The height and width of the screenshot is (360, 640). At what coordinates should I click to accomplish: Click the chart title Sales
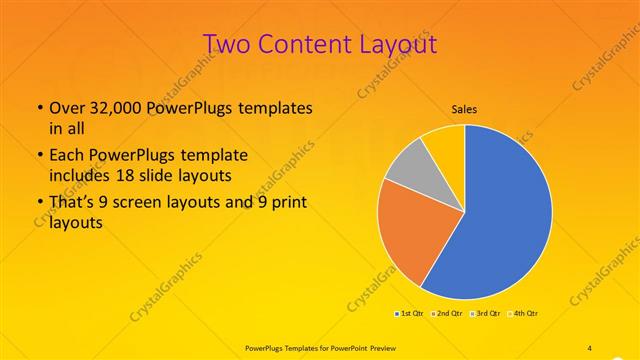[464, 109]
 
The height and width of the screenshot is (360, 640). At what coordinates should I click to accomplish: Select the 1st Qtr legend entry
[410, 314]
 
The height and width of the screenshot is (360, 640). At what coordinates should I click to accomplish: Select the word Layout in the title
[394, 44]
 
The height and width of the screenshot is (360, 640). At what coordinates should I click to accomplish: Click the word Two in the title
[226, 44]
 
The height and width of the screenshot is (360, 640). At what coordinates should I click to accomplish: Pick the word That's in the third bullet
[72, 204]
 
